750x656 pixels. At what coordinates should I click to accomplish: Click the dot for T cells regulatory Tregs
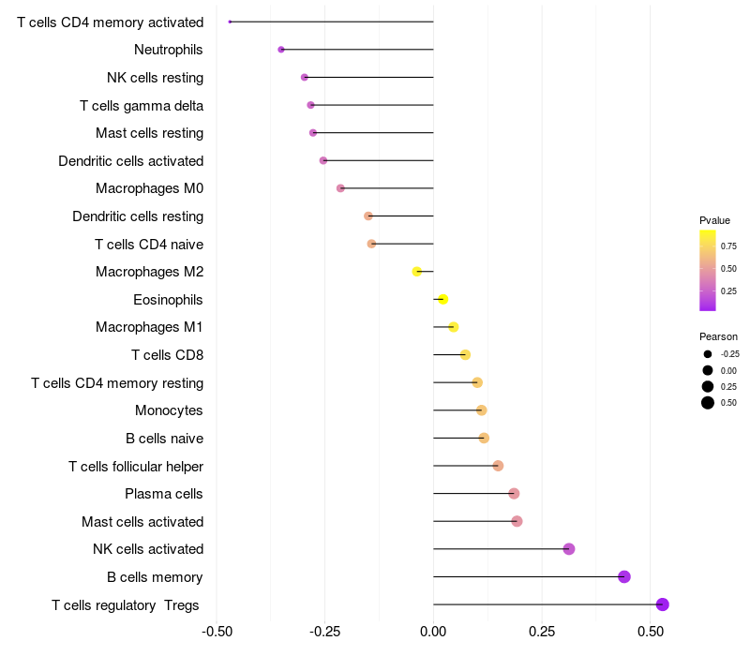663,604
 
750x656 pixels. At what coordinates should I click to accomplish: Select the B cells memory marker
624,576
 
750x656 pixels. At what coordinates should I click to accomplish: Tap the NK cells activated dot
569,549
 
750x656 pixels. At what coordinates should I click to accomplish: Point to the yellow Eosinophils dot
442,299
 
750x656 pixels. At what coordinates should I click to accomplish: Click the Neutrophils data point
281,49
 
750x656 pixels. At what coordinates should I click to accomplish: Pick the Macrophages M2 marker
417,272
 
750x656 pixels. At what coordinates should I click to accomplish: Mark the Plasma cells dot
514,493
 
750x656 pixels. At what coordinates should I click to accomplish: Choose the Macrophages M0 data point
340,188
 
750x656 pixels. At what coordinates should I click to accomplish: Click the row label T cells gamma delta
142,105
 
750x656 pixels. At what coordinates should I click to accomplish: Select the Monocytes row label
169,410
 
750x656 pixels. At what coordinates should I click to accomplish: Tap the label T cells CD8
167,355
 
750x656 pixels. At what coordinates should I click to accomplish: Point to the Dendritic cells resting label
138,216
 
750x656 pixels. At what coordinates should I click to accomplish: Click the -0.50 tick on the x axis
217,632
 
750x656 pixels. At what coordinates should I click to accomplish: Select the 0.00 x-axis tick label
433,632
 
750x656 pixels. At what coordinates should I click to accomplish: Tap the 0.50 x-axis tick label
650,632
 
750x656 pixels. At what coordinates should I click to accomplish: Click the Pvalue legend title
714,220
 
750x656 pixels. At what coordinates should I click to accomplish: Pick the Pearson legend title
718,336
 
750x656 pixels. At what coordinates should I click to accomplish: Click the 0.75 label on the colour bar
728,246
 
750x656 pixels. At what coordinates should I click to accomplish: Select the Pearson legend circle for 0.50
708,403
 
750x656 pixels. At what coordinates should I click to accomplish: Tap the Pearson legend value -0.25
729,354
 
